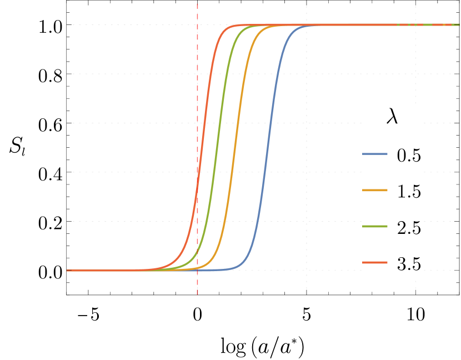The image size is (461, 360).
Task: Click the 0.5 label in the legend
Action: tap(408, 155)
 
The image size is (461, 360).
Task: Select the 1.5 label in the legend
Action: tap(408, 191)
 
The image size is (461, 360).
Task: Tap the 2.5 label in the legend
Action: tap(408, 227)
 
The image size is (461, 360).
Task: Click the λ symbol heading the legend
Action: tap(392, 118)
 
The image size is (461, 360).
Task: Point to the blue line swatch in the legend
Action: tap(374, 154)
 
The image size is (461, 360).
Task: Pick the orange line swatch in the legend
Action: tap(374, 191)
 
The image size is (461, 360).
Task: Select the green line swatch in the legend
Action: tap(374, 227)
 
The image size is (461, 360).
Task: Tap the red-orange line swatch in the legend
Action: tap(374, 262)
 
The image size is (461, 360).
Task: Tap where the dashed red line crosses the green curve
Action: tap(197, 253)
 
